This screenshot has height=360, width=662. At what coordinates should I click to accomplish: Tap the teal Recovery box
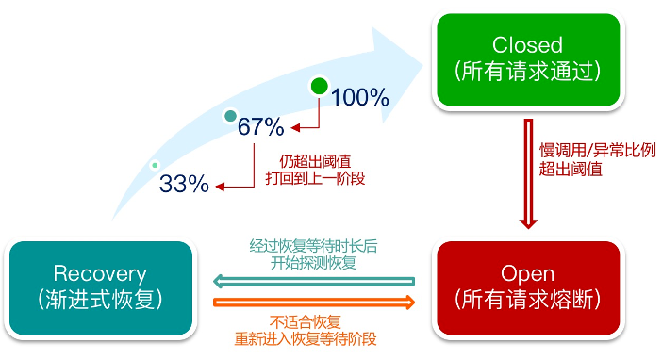100,287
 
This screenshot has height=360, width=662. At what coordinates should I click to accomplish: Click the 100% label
360,96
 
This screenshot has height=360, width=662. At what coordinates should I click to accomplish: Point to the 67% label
260,126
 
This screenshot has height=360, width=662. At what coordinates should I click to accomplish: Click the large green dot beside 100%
320,89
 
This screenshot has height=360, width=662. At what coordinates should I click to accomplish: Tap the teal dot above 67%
229,117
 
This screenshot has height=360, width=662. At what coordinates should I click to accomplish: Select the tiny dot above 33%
155,166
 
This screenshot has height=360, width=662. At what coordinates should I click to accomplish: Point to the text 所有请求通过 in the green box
527,72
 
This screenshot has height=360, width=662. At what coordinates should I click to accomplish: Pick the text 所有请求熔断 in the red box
527,301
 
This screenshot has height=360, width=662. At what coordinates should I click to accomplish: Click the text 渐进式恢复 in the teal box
100,301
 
